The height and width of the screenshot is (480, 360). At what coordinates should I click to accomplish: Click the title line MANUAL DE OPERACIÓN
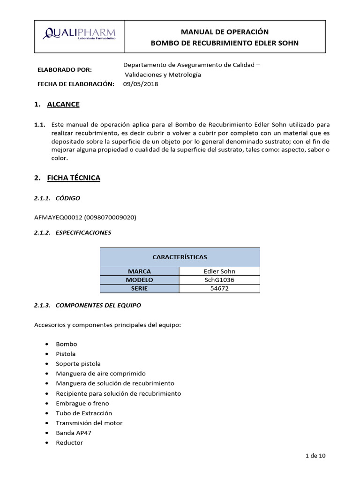[225, 32]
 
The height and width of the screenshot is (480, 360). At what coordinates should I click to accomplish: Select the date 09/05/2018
[141, 84]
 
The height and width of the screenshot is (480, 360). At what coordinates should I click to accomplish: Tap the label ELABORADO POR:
[65, 70]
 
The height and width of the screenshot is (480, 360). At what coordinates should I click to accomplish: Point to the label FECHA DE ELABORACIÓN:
[75, 84]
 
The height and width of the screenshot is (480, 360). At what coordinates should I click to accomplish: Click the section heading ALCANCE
[63, 104]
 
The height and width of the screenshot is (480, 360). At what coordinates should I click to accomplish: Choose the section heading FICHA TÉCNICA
[74, 178]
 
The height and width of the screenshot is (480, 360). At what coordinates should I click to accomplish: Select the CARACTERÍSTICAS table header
[180, 257]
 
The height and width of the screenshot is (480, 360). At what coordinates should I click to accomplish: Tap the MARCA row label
[139, 271]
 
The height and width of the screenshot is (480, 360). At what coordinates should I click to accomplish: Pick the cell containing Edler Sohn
[219, 271]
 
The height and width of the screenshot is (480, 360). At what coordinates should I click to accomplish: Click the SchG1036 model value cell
[219, 280]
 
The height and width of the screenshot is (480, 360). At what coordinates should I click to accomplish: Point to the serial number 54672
[219, 288]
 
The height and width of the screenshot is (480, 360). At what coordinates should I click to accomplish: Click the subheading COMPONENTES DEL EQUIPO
[98, 305]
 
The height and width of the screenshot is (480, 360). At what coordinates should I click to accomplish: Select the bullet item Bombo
[66, 344]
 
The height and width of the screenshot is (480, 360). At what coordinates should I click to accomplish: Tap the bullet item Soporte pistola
[78, 364]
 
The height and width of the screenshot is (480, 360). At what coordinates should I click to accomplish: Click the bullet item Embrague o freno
[82, 403]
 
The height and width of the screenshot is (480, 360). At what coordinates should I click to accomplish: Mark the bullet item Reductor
[69, 442]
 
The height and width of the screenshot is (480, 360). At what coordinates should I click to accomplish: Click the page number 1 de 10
[315, 456]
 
